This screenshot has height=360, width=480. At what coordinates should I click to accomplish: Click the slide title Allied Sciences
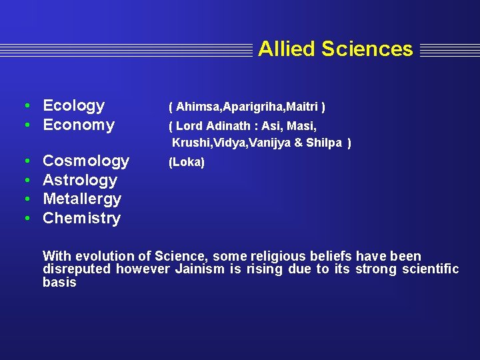pyautogui.click(x=335, y=49)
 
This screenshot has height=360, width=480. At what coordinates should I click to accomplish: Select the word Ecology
pyautogui.click(x=73, y=105)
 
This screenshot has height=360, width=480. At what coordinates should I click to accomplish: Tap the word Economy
pyautogui.click(x=79, y=125)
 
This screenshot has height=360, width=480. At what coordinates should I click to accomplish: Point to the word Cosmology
pyautogui.click(x=86, y=161)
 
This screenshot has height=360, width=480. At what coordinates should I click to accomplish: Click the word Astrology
pyautogui.click(x=80, y=180)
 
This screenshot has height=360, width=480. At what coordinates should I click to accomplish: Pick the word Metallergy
pyautogui.click(x=82, y=199)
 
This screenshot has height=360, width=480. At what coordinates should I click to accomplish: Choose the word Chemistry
pyautogui.click(x=81, y=218)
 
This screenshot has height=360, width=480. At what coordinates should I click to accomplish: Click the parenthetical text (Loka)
pyautogui.click(x=187, y=162)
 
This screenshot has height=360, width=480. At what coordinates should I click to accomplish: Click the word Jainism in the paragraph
pyautogui.click(x=199, y=269)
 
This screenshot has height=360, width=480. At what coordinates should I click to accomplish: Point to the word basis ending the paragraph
pyautogui.click(x=59, y=282)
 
